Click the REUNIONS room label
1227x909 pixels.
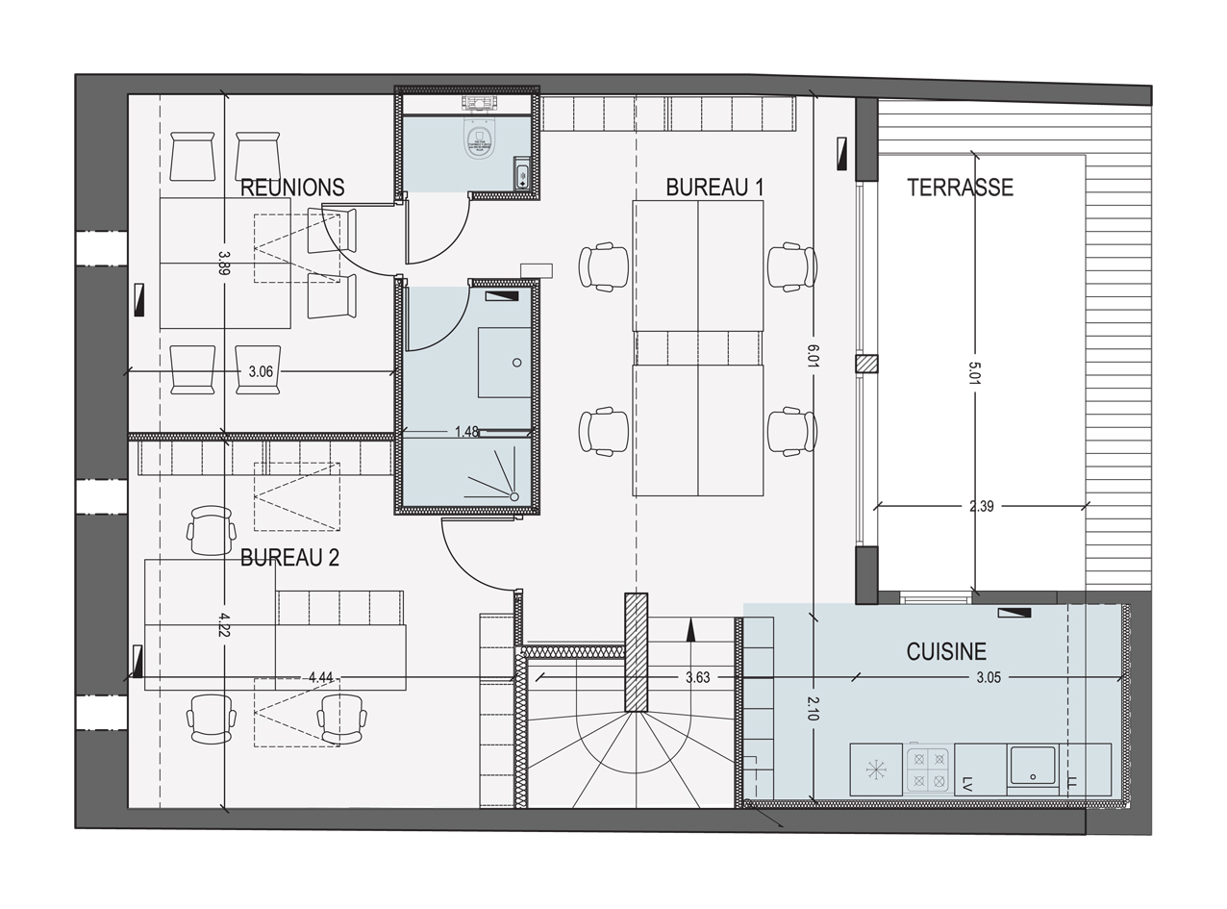pos(292,188)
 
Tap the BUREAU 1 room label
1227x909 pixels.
pos(714,188)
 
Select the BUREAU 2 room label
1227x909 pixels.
pos(289,558)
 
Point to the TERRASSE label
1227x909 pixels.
pos(960,188)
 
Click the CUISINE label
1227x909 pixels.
pos(946,652)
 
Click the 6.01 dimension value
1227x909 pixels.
pos(813,355)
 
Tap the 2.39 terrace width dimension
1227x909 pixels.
pos(981,507)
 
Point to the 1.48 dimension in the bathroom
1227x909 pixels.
pos(466,433)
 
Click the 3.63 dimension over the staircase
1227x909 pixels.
pos(697,678)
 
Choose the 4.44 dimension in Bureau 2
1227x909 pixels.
pos(320,678)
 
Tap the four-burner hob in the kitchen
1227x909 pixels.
pos(928,770)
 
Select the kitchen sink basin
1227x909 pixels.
pos(1032,767)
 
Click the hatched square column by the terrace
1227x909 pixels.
pos(867,364)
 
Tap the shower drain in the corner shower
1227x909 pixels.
pos(514,496)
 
